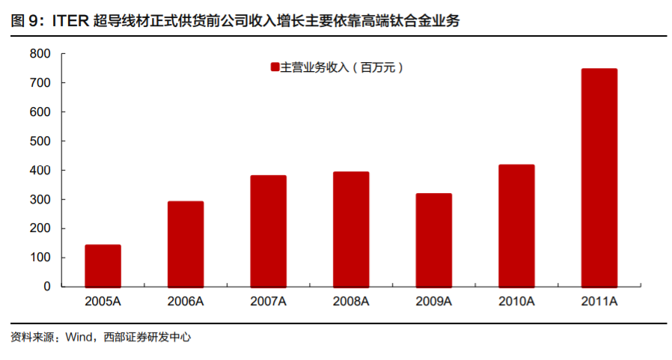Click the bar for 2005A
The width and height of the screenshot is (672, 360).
[x=103, y=266]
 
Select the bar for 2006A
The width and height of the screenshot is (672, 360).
[x=186, y=244]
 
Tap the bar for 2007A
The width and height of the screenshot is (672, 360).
[x=268, y=231]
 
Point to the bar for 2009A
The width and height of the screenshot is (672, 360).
[x=434, y=240]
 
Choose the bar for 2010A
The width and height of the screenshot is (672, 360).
[x=516, y=225]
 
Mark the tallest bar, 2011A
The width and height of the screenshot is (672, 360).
[x=599, y=177]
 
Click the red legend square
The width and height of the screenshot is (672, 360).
[x=275, y=68]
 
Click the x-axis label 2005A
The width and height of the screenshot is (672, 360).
[x=103, y=302]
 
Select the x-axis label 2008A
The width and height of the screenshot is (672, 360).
[x=351, y=302]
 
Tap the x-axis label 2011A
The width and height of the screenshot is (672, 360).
[x=599, y=302]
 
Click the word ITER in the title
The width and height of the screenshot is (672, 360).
[x=73, y=22]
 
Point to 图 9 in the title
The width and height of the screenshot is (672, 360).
[x=26, y=22]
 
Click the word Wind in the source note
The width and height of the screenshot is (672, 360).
[x=78, y=338]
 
